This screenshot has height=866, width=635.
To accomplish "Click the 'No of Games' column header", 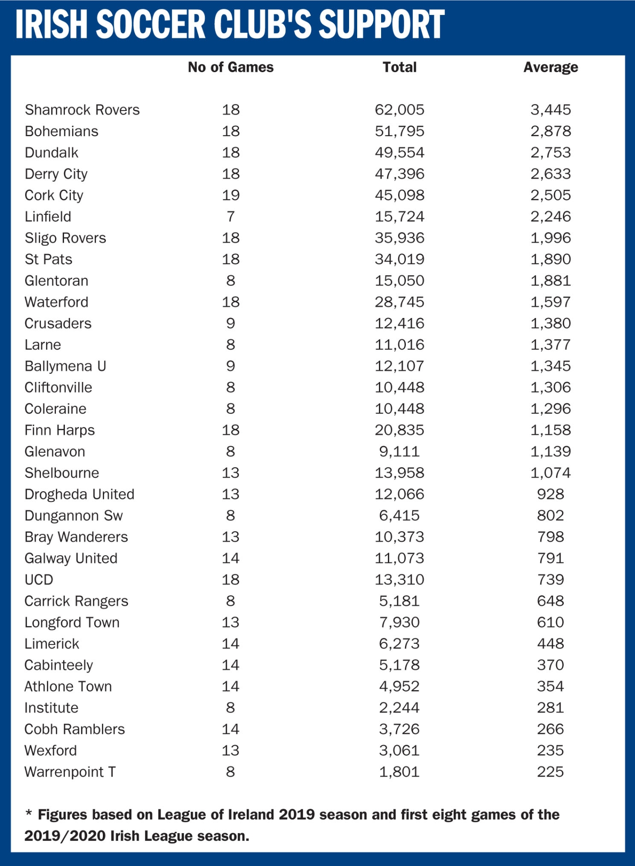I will coord(230,67).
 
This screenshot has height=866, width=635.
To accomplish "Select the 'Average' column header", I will coord(550,67).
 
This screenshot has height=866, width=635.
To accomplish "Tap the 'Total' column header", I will coord(400,67).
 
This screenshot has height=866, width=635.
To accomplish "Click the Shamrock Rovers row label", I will coord(82,110).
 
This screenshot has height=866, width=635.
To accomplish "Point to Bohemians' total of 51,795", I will coord(400,131).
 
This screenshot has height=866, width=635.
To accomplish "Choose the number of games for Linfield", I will coord(230,216).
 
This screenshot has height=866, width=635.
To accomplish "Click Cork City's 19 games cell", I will coord(230,195).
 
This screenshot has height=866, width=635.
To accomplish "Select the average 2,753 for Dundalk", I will coord(550,152).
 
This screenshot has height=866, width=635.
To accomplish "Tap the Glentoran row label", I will coord(56,281).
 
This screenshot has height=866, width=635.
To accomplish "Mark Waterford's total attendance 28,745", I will coord(400,302).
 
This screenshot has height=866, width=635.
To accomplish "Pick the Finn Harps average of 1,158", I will coord(550,430).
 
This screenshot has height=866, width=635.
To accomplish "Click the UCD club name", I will coord(39,580).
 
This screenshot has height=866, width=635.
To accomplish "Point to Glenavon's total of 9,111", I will coord(400,451).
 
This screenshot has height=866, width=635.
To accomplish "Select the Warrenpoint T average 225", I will coord(550,772).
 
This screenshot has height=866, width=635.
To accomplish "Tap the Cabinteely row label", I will coord(59,665).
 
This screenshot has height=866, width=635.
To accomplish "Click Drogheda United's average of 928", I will coord(550,494).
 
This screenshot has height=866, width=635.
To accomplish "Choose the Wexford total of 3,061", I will coord(400,751).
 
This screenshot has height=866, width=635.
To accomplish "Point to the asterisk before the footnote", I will coord(28,814).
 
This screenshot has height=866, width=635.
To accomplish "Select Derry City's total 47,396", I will coord(400,174).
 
